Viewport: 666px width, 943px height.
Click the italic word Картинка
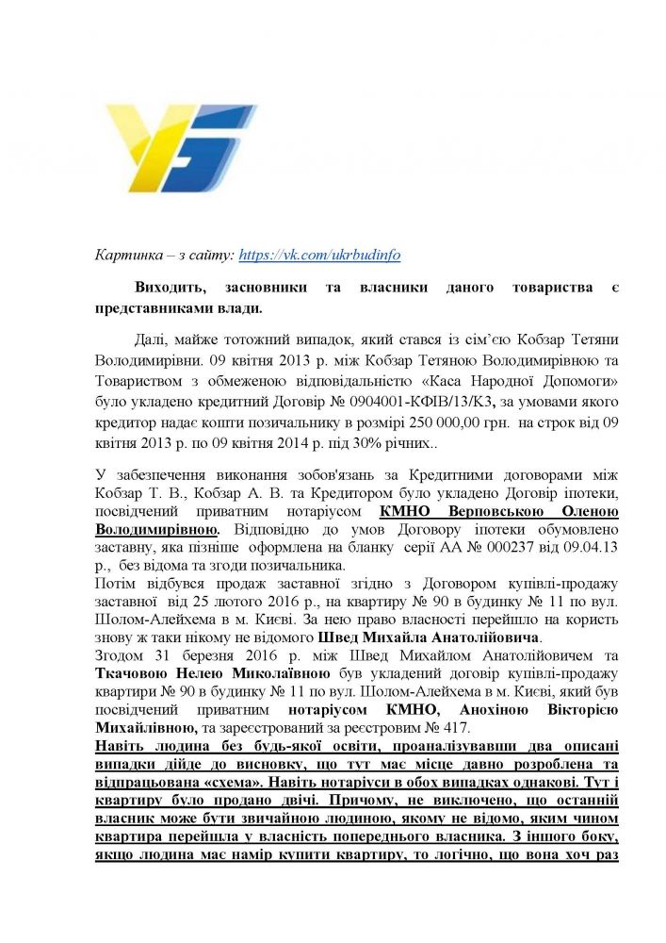click(x=129, y=255)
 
